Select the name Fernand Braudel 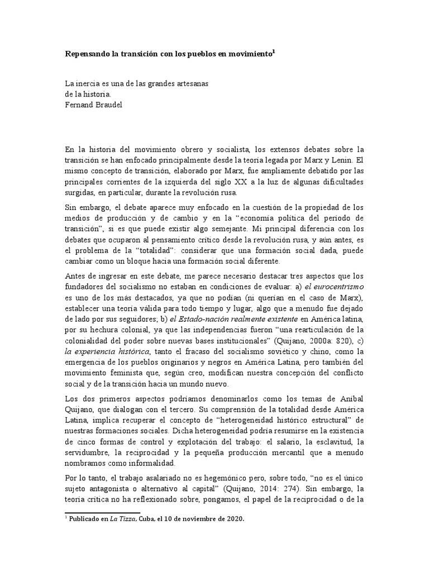coord(92,104)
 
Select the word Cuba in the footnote coord(148,519)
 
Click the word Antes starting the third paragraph coord(76,277)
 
